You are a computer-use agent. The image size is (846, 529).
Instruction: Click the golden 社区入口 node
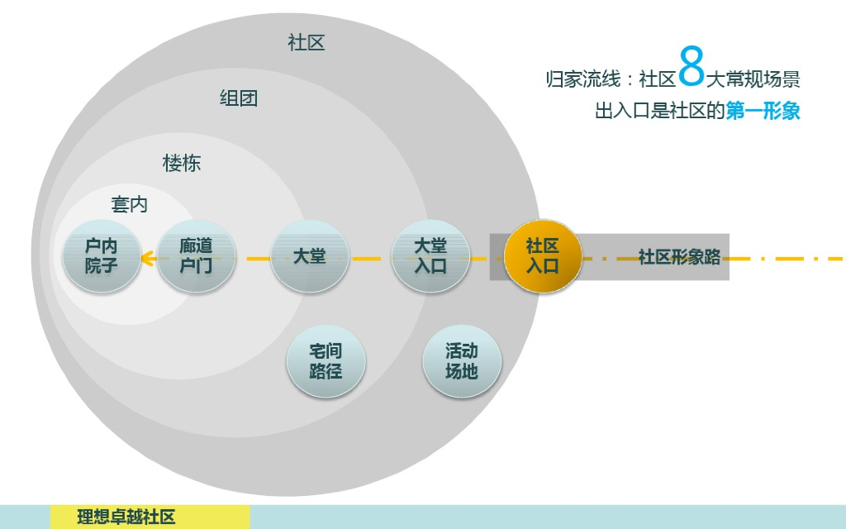point(543,256)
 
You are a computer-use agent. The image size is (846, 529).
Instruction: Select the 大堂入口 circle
point(430,256)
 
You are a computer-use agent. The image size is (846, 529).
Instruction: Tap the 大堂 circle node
point(310,256)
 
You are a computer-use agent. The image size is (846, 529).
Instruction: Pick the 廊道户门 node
point(196,256)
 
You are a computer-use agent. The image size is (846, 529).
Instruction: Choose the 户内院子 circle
point(102,256)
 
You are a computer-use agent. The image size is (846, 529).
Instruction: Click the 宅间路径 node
point(326,361)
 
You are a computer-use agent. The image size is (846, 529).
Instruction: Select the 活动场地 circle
point(461,361)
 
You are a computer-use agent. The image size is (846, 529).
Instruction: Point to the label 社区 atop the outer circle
point(307,43)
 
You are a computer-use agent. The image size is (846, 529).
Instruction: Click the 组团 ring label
point(239,98)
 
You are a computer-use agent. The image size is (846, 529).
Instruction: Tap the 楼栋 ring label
point(182,164)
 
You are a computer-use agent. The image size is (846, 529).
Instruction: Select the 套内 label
point(130,204)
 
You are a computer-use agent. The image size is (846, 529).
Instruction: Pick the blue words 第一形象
point(763,111)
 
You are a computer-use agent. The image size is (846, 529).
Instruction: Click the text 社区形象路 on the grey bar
point(679,257)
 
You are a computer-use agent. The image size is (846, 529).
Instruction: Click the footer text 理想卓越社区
point(126,517)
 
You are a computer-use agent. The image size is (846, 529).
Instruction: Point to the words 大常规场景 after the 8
point(753,79)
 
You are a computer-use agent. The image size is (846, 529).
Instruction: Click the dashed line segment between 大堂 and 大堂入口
point(369,259)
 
